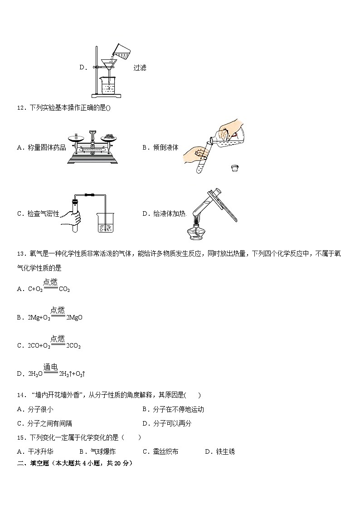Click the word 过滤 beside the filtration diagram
pyautogui.click(x=140, y=68)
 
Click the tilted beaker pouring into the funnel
pyautogui.click(x=121, y=51)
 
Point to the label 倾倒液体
pyautogui.click(x=165, y=147)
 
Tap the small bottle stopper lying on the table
pyautogui.click(x=234, y=168)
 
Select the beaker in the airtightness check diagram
pyautogui.click(x=105, y=223)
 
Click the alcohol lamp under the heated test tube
pyautogui.click(x=196, y=231)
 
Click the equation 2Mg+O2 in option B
pyautogui.click(x=39, y=318)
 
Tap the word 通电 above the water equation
pyautogui.click(x=50, y=367)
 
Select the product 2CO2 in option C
pyautogui.click(x=73, y=346)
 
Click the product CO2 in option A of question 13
pyautogui.click(x=64, y=289)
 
